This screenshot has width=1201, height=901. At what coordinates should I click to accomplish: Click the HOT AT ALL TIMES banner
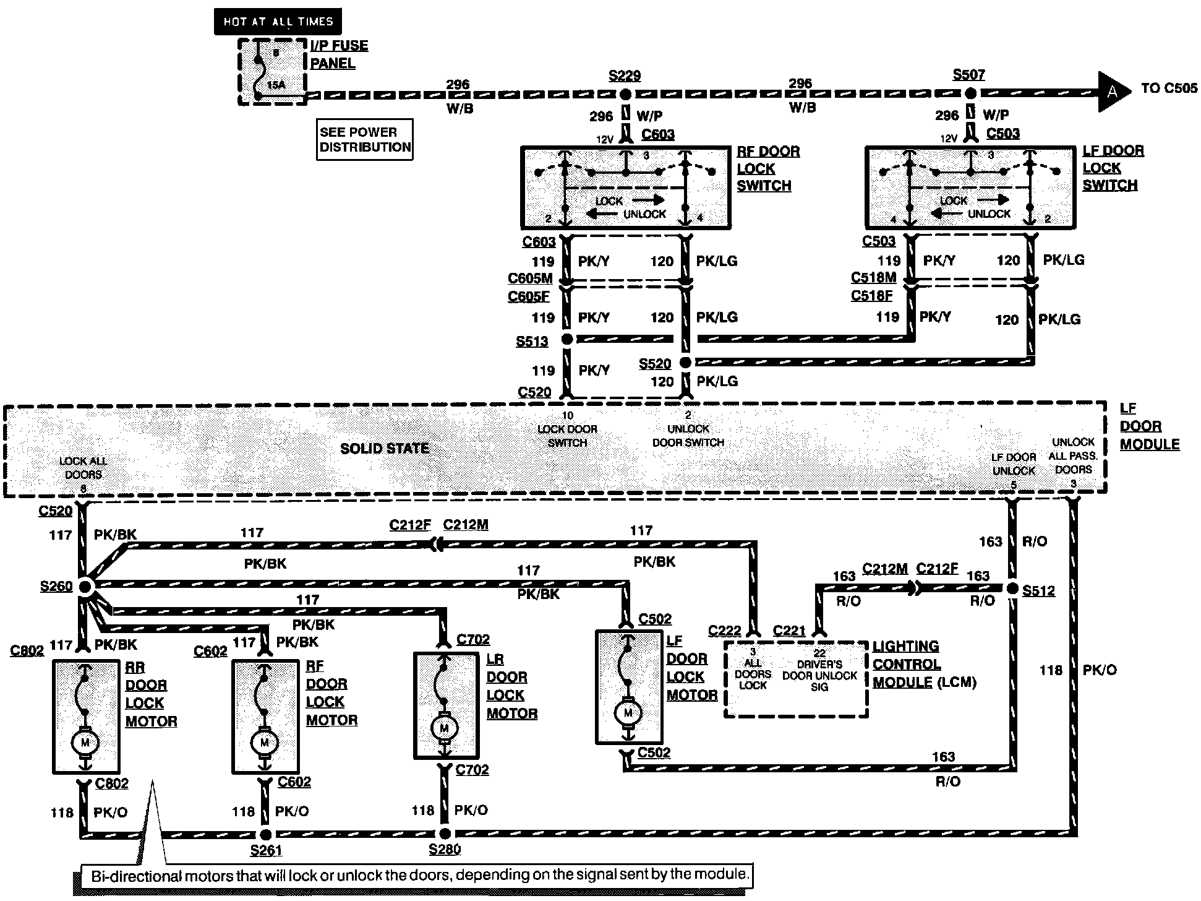point(278,22)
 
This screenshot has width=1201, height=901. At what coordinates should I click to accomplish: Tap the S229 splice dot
point(625,95)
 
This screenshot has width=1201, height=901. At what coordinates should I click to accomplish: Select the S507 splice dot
point(971,93)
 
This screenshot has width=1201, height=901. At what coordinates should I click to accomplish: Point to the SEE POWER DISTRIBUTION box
point(364,140)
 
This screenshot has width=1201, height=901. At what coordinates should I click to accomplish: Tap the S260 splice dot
point(85,586)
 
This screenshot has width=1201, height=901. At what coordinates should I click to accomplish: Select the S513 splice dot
point(566,339)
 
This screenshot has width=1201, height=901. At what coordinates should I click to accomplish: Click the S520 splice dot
point(685,362)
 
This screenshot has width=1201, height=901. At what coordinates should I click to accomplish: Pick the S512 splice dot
point(1012,588)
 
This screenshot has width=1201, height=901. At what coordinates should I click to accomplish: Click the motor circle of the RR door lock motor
point(85,742)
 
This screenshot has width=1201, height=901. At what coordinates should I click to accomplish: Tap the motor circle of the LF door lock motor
point(628,713)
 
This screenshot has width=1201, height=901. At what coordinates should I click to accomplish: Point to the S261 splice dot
point(265,834)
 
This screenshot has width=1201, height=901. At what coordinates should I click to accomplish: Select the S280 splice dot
point(445,834)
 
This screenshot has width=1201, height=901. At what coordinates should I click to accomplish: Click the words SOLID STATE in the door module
point(385,448)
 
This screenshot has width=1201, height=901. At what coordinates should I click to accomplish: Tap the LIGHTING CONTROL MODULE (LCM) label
point(923,665)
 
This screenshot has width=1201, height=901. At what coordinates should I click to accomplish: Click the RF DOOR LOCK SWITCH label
point(767,168)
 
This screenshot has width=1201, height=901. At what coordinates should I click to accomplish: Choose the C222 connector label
point(724,631)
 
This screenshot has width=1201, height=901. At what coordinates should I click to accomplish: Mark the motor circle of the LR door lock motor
point(444,728)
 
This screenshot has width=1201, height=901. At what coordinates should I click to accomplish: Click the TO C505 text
point(1169,88)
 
